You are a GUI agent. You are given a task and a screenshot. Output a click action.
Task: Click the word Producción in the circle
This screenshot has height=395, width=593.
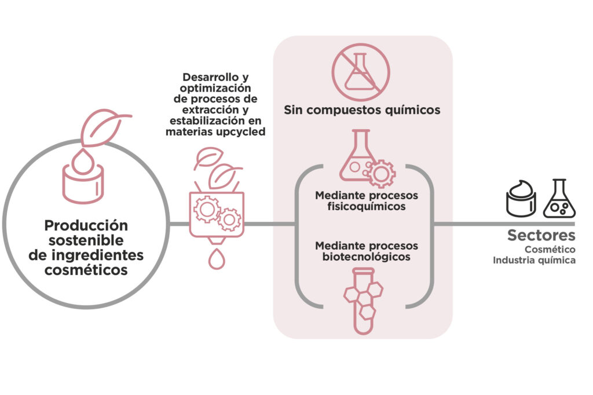(86, 225)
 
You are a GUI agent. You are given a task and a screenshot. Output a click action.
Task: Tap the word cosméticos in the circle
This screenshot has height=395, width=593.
(86, 270)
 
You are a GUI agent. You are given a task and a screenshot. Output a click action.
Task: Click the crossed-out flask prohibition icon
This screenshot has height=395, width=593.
(361, 72)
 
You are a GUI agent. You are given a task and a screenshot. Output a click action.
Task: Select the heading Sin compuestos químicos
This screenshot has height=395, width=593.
(362, 109)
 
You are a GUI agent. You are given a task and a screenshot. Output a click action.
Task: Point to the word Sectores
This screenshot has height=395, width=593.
(541, 235)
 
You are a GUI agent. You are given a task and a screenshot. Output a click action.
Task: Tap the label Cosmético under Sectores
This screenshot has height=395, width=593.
(550, 249)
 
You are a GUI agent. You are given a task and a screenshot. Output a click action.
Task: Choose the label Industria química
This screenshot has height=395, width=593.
(534, 260)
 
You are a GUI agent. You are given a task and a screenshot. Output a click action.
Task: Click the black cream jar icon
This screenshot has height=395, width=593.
(521, 199)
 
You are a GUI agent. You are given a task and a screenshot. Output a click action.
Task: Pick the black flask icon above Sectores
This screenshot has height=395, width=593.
(559, 199)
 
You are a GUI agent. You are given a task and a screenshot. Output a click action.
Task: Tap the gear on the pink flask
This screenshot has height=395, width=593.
(381, 174)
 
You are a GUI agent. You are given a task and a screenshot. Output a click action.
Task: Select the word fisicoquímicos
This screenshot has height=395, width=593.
(367, 207)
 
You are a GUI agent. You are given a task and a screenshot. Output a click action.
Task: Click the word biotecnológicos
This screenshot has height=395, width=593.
(367, 257)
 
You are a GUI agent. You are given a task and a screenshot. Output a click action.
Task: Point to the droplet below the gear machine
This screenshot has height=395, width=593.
(217, 259)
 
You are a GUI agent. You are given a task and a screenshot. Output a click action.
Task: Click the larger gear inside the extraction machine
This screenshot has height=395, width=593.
(207, 209)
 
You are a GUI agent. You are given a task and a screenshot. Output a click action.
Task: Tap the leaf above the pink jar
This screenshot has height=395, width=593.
(104, 127)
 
